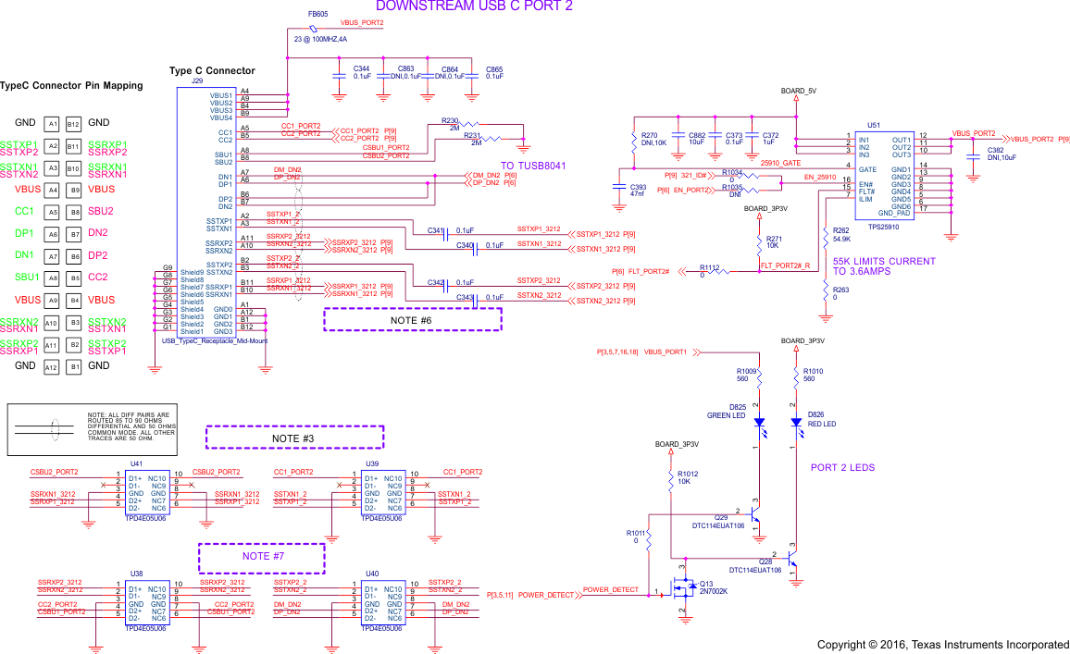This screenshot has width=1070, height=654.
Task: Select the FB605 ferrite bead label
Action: tap(317, 15)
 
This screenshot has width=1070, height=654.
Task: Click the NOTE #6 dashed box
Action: tap(412, 319)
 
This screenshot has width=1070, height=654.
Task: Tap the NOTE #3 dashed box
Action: tap(293, 438)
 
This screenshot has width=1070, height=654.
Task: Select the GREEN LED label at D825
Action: tap(727, 414)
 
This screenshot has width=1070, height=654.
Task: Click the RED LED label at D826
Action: tap(822, 424)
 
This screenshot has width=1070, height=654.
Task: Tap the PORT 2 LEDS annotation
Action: tap(842, 467)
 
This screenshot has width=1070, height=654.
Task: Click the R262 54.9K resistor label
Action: tap(841, 234)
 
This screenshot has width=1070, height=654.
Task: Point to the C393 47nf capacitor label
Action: tap(638, 191)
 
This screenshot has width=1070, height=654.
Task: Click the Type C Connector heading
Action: tap(212, 70)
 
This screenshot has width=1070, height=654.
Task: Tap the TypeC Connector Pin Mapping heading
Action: tap(71, 86)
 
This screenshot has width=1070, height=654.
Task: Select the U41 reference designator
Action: tap(136, 463)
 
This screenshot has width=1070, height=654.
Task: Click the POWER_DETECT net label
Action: tap(611, 589)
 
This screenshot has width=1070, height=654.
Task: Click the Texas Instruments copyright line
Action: tap(942, 644)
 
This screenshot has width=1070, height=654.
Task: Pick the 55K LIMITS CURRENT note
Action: tap(884, 266)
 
